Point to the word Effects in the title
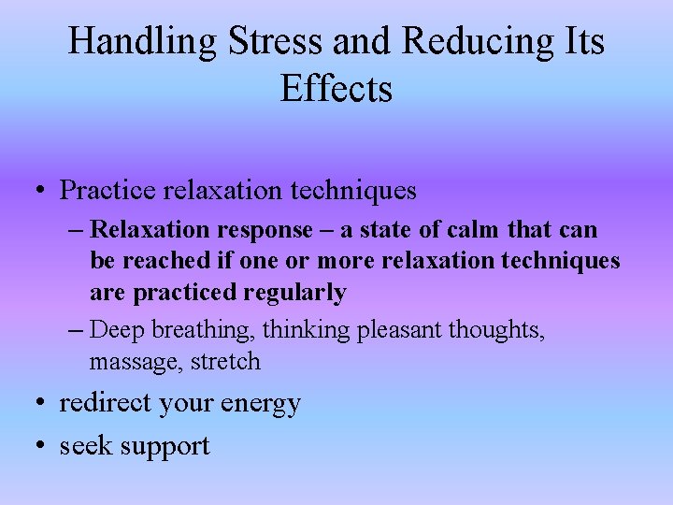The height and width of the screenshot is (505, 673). coord(336,89)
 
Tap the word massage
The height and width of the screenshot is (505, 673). coord(127,360)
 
